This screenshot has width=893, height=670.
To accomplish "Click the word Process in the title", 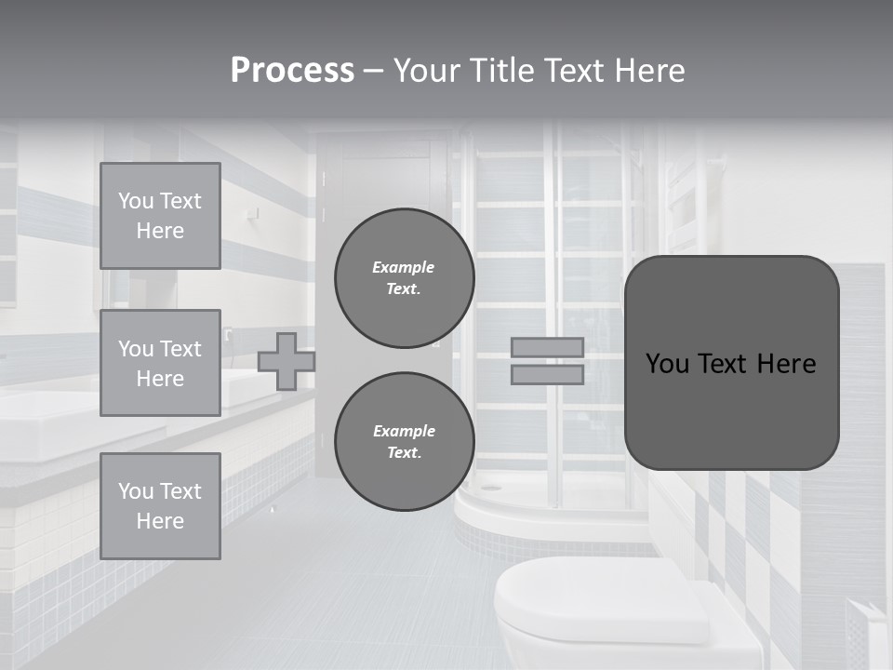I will (x=292, y=71).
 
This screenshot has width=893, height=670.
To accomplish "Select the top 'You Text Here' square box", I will (x=160, y=216).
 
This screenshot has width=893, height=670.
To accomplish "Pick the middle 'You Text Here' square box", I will (x=160, y=363).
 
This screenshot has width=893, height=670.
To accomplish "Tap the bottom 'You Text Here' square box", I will (x=160, y=505).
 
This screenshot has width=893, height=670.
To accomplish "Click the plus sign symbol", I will (x=287, y=361).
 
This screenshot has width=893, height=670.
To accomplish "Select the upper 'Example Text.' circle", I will (x=404, y=278).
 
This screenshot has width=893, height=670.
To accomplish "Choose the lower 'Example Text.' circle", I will (x=404, y=441).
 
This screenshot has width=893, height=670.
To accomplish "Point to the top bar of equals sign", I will (x=547, y=347).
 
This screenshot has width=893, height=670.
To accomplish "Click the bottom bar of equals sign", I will (x=547, y=374).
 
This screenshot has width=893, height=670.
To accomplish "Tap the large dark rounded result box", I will (x=731, y=363).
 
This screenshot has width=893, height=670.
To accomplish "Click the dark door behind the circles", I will (x=381, y=177).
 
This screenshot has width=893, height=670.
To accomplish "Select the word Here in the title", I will (x=649, y=71).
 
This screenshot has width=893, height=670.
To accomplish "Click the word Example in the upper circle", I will (x=404, y=267).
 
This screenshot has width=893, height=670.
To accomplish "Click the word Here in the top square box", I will (x=160, y=231).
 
